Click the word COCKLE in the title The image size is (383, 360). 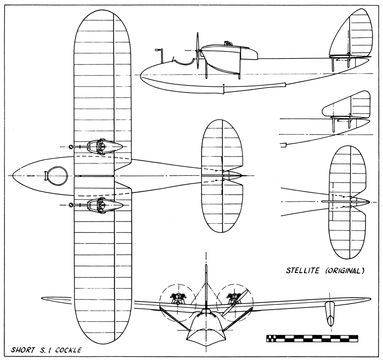click(x=68, y=350)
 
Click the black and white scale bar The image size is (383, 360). click(x=312, y=338)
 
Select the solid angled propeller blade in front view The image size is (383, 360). click(x=236, y=302)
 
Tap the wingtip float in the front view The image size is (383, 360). click(x=330, y=314)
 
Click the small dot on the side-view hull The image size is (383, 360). click(x=224, y=85)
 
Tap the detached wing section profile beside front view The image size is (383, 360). click(x=57, y=299)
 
